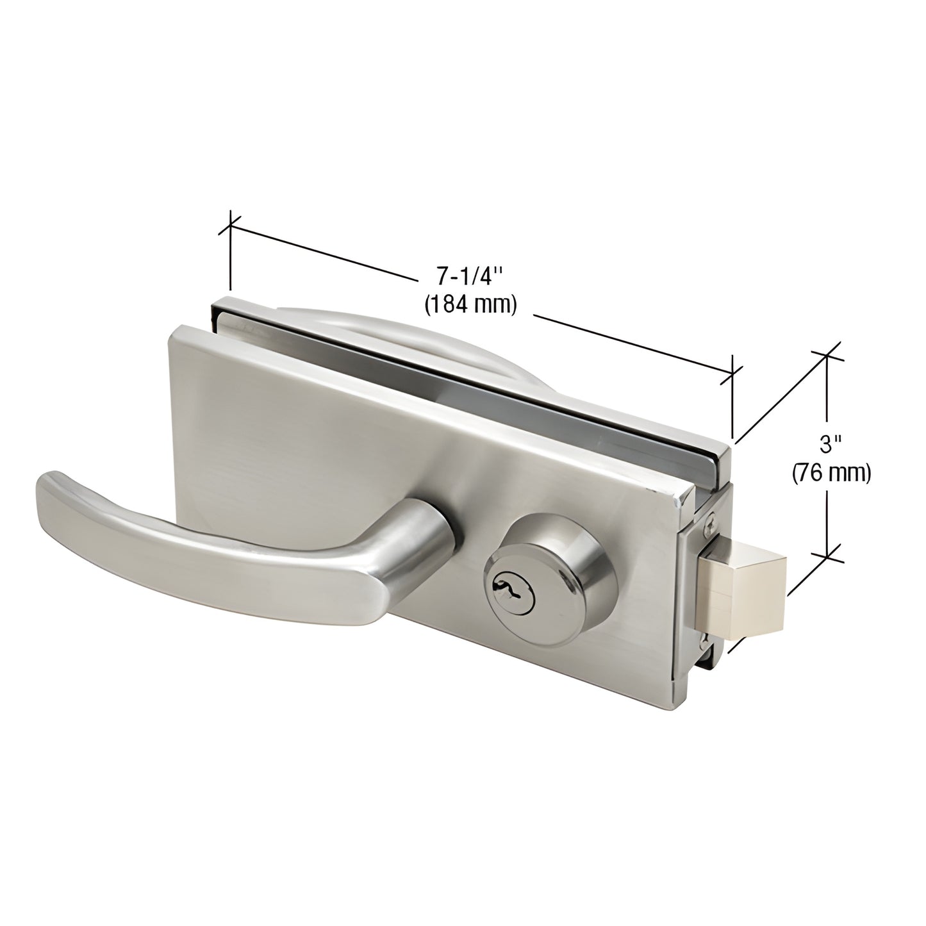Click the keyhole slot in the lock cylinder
click(x=503, y=568)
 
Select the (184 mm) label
click(x=470, y=305)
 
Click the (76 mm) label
click(x=831, y=473)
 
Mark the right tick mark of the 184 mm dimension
click(x=732, y=374)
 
